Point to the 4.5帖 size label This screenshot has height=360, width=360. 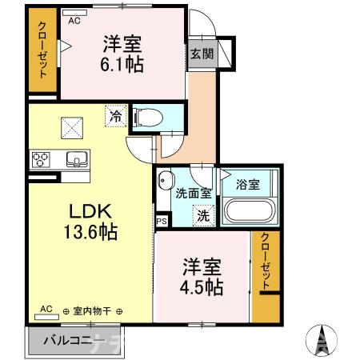(201, 286)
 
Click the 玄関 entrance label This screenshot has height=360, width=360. (201, 54)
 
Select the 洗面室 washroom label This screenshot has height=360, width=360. (193, 193)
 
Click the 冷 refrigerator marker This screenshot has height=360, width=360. (116, 117)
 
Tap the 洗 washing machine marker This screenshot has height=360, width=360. (204, 214)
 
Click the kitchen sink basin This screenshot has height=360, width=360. (77, 158)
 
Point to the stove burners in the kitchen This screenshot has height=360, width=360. (40, 159)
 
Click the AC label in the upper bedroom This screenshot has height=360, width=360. (74, 23)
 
